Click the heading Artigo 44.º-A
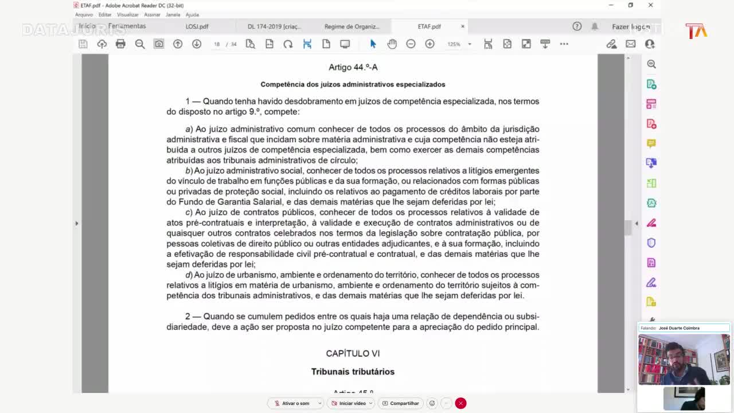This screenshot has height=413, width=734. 353,67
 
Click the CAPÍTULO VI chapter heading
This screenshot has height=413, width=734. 353,353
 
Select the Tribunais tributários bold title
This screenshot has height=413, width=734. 353,372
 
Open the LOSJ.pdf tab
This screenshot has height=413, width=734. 197,26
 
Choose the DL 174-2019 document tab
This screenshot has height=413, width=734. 274,26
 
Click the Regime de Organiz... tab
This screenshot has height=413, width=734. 352,26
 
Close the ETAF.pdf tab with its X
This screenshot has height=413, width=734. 463,26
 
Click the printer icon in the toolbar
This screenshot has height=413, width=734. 120,44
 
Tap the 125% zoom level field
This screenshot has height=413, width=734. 454,44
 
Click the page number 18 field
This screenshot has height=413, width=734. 217,44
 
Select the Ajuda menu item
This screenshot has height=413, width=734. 192,15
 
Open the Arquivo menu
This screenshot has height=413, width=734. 84,15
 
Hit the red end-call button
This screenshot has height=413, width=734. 460,403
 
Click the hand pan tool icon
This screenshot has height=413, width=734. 392,44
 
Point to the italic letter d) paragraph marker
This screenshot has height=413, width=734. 189,275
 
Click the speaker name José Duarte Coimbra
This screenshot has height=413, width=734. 679,328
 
